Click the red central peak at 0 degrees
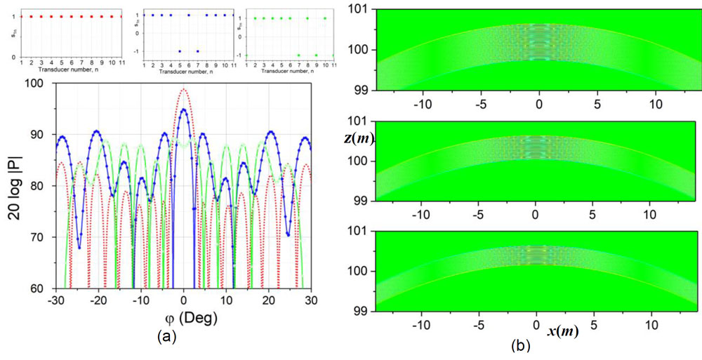[x=184, y=89]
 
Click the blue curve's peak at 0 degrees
[x=184, y=109]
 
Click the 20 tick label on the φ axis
[x=268, y=300]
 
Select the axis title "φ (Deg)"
[x=184, y=317]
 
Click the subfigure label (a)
[x=164, y=336]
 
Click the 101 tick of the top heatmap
[x=366, y=8]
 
